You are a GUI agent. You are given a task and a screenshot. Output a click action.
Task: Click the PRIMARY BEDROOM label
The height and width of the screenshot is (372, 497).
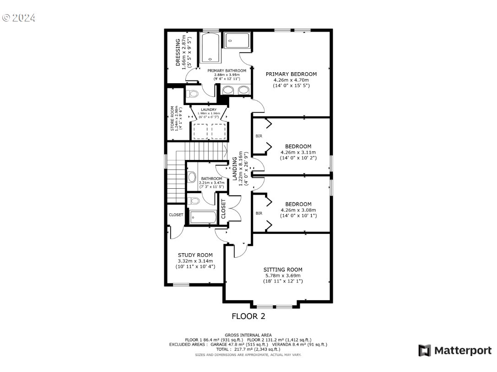tap(291, 74)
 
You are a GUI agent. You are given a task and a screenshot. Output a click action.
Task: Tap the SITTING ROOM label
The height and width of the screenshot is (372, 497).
tap(282, 270)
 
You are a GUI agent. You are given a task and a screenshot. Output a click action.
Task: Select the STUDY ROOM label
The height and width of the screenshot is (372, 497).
tap(195, 255)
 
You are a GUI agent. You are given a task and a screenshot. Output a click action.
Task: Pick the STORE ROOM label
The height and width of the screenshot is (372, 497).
tap(173, 118)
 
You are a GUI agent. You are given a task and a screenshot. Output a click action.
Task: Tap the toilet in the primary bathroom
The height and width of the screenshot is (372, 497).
tap(193, 95)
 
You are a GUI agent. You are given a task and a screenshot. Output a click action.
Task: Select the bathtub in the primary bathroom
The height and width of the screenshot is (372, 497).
tap(211, 47)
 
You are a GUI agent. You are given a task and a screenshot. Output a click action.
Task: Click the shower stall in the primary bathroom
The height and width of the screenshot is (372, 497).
tap(237, 41)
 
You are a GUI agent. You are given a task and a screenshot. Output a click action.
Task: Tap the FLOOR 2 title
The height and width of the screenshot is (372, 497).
tap(248, 316)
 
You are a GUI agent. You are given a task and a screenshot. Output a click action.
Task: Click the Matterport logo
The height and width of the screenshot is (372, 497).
tap(455, 351)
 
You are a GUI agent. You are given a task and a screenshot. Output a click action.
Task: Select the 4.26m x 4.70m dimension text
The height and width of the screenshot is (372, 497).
tap(291, 80)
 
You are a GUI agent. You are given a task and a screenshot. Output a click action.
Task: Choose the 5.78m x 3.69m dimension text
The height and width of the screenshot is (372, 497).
tap(282, 276)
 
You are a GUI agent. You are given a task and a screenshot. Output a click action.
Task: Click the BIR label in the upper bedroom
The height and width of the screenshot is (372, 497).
tap(259, 136)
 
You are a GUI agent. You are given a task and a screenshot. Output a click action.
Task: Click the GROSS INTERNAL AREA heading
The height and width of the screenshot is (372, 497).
tap(248, 335)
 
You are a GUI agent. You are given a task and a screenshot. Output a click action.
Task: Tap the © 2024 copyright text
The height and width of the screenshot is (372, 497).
tap(19, 18)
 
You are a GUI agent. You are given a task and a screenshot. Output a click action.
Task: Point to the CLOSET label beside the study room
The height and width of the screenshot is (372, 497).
tap(176, 215)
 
